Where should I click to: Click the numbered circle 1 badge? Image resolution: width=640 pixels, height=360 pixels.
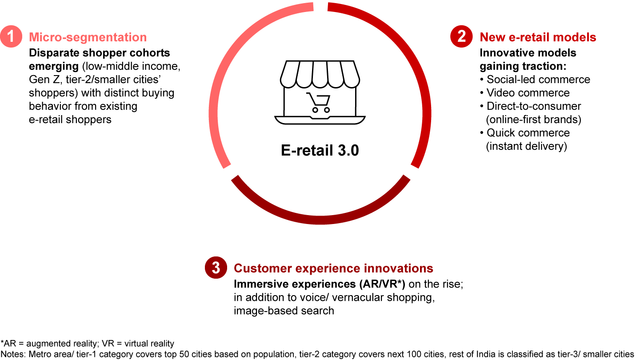[x=11, y=36]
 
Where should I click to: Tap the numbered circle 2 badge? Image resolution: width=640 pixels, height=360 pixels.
[x=461, y=36]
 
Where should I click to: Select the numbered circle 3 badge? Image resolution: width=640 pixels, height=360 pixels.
[x=216, y=268]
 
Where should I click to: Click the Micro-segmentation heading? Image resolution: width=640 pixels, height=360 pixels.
[x=88, y=37]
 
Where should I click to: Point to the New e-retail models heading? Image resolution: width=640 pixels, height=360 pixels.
[x=538, y=37]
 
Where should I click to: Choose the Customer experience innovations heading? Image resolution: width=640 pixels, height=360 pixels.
[x=333, y=268]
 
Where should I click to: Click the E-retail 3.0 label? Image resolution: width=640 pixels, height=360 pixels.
[x=320, y=150]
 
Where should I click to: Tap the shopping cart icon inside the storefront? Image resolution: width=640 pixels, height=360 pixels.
[x=318, y=102]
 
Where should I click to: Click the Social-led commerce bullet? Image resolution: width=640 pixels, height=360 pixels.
[x=535, y=80]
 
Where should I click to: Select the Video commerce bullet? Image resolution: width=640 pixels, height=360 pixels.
[x=525, y=93]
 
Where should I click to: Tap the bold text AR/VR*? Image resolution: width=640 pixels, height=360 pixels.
[x=382, y=284]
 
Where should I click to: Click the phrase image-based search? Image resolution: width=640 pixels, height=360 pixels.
[x=284, y=311]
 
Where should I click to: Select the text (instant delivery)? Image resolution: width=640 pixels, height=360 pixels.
[x=526, y=146]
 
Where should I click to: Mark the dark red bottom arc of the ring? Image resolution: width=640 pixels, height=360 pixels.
[x=320, y=220]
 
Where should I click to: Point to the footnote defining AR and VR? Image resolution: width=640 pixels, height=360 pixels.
[x=87, y=343]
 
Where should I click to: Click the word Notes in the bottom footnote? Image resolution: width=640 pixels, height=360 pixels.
[x=12, y=354]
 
